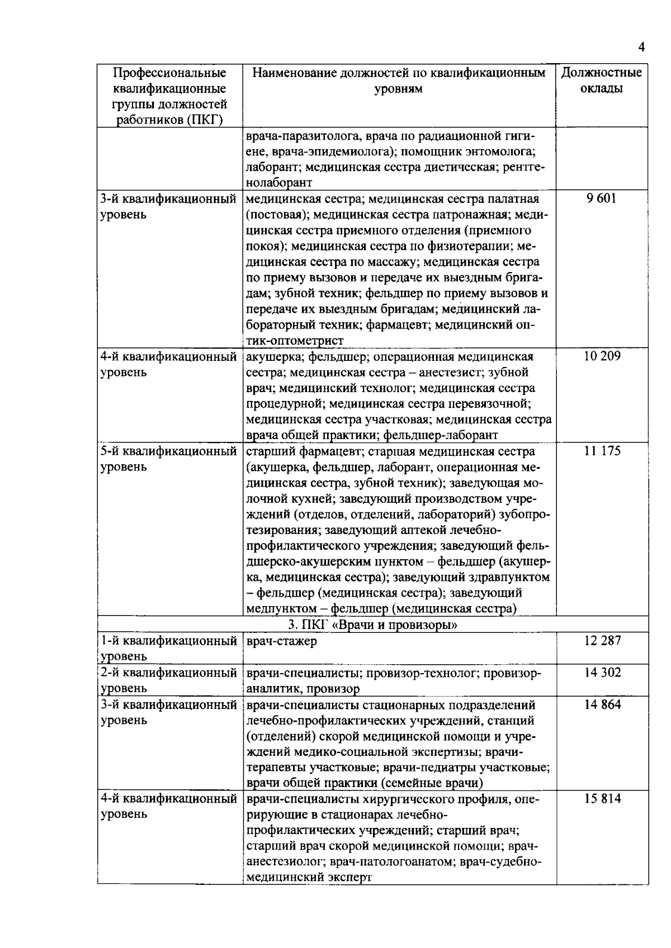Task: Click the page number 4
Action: coord(641,47)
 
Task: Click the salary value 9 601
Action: coord(602,199)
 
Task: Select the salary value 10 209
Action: coord(602,356)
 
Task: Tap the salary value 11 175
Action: coord(602,451)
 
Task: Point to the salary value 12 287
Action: coord(603,641)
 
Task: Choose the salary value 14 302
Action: coord(603,673)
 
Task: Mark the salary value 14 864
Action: coord(603,704)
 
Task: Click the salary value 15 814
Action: coord(603,799)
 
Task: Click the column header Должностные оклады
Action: coord(602,80)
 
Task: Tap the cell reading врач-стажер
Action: coord(281,641)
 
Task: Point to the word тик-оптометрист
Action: coord(295,341)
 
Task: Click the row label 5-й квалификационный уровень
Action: coord(168,459)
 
